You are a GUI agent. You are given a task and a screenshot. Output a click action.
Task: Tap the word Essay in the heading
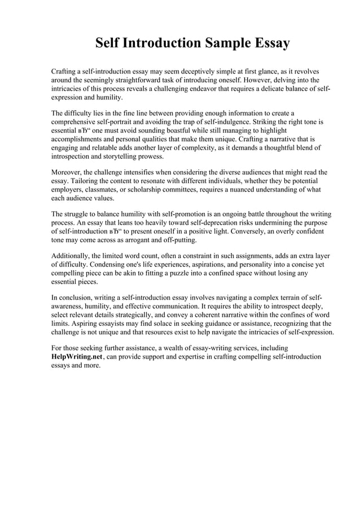click(x=271, y=43)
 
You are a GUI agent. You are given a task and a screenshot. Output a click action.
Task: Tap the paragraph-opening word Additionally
click(x=72, y=256)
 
